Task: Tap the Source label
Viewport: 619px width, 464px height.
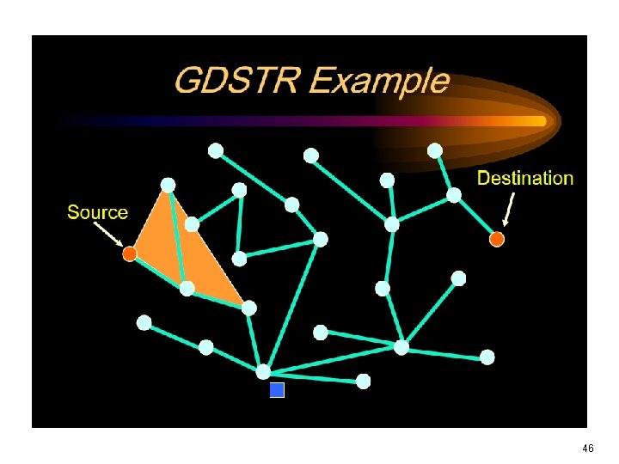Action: [97, 212]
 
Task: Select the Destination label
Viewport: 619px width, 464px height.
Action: [524, 179]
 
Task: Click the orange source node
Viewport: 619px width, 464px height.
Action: [129, 253]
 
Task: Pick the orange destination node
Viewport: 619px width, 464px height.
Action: [496, 239]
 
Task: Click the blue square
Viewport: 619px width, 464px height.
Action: [277, 390]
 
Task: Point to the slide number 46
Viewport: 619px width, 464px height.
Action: [588, 449]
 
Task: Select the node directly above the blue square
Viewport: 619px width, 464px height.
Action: [263, 371]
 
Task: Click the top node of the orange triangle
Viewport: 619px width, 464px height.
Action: [168, 185]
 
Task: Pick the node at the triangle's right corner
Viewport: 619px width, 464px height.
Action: [248, 307]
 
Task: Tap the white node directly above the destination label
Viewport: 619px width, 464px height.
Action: [435, 150]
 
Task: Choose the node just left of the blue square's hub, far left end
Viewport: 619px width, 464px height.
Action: [144, 322]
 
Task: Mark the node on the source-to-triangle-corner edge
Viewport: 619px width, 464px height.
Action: [187, 288]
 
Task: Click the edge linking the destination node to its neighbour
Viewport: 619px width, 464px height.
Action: [475, 217]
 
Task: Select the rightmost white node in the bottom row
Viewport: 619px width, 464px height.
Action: [487, 357]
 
